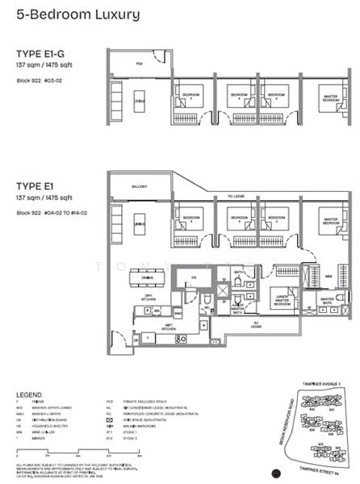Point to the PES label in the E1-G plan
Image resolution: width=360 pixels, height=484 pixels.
tap(139, 62)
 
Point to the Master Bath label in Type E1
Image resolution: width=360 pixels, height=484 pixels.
tap(326, 299)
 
